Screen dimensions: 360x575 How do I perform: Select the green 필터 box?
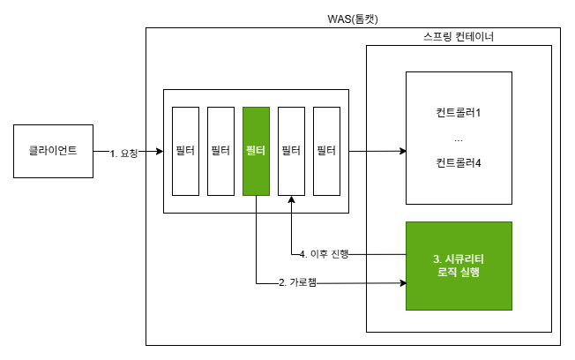(256, 151)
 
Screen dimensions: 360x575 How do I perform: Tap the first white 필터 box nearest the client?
(185, 151)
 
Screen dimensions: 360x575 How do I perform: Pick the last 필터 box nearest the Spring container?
(326, 151)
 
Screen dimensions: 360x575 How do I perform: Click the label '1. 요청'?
(124, 153)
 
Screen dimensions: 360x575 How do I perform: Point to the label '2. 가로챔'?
(297, 283)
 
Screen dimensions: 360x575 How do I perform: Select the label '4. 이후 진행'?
(325, 255)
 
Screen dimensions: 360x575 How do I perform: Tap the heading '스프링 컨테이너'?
(458, 39)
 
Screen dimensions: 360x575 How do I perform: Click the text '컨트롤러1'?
(458, 113)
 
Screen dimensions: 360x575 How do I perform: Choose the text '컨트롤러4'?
(458, 163)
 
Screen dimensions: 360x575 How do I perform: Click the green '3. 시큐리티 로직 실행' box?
(458, 266)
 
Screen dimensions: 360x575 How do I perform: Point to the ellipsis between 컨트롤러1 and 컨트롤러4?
(458, 139)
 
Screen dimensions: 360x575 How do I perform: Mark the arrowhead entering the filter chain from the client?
(160, 152)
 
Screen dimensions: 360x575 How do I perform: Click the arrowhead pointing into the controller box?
(400, 152)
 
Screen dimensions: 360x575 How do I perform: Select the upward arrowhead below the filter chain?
(291, 201)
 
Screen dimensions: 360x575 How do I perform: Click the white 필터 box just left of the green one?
(220, 151)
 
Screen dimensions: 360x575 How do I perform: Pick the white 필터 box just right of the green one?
(291, 151)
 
